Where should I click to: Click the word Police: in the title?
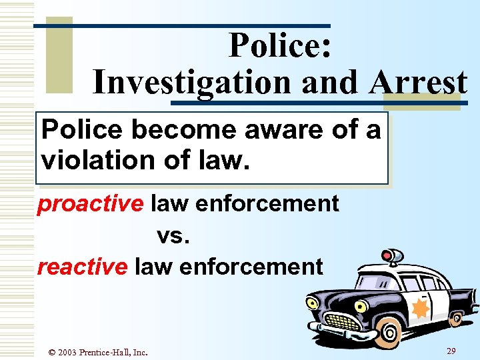tap(280, 46)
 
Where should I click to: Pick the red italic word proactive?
tap(91, 203)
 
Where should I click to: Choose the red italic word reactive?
tap(82, 267)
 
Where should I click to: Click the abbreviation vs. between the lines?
tap(175, 235)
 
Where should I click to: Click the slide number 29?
tap(451, 351)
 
